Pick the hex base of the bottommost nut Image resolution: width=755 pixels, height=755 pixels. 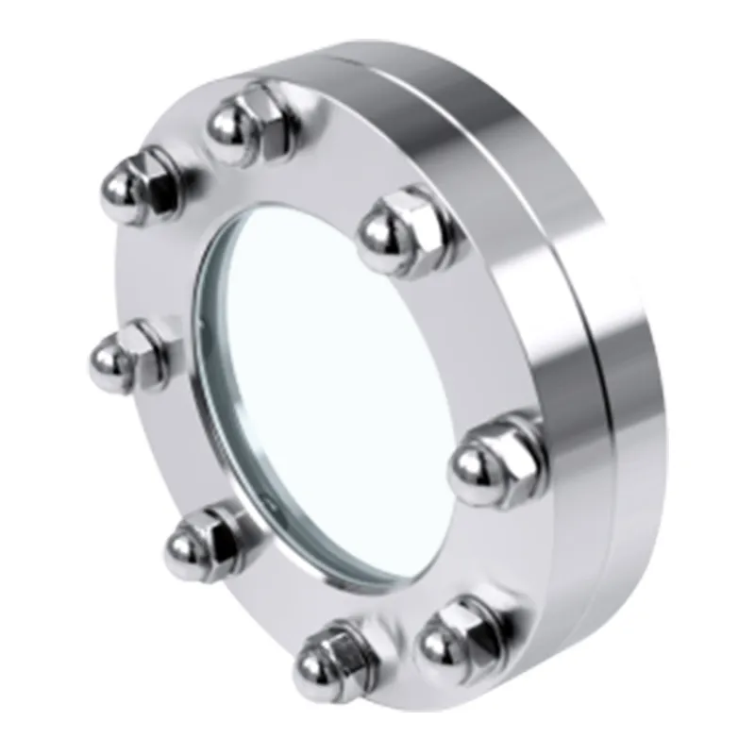point(354,642)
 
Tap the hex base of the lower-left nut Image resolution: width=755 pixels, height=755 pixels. point(225,533)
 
